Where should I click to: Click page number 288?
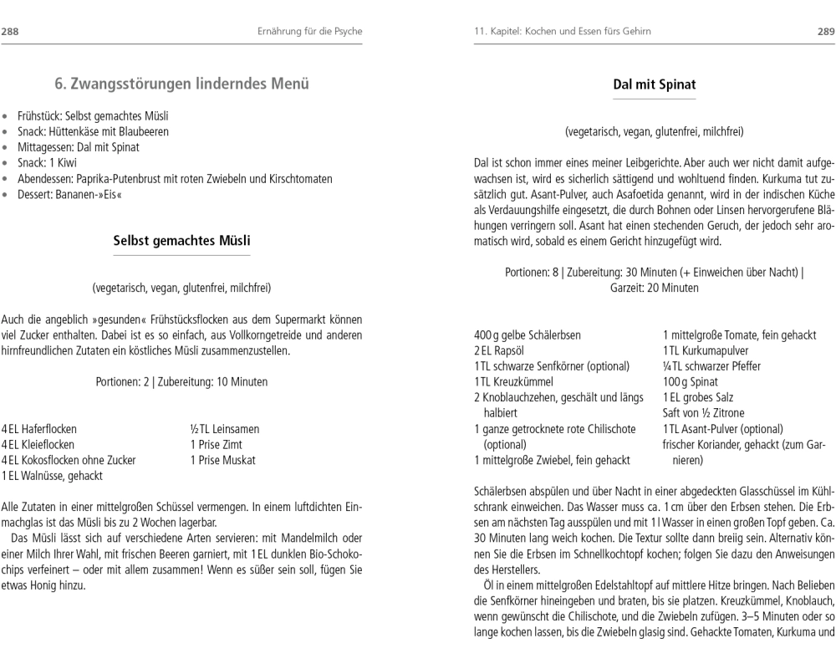point(12,32)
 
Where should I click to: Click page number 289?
point(824,32)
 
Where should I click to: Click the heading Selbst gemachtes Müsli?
point(181,241)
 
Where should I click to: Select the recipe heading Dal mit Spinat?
point(654,84)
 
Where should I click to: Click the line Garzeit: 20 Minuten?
point(654,287)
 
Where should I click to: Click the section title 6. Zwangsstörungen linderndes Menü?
point(181,84)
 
